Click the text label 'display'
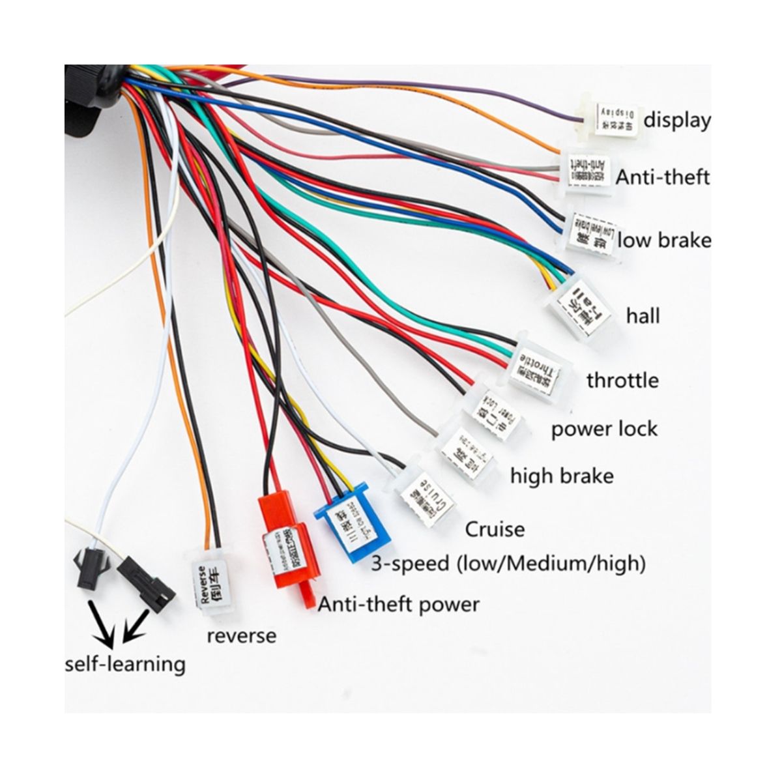pos(677,120)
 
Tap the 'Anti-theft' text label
pos(663,177)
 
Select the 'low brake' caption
pos(664,240)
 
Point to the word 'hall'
pos(643,316)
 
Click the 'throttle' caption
pos(622,380)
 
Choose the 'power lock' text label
pos(604,429)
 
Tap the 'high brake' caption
pos(562,476)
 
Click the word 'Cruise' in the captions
pos(495,529)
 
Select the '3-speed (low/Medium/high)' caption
pos(508,562)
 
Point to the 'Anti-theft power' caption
pos(398,604)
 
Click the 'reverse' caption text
pos(241,635)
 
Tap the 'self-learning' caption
pos(125,664)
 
